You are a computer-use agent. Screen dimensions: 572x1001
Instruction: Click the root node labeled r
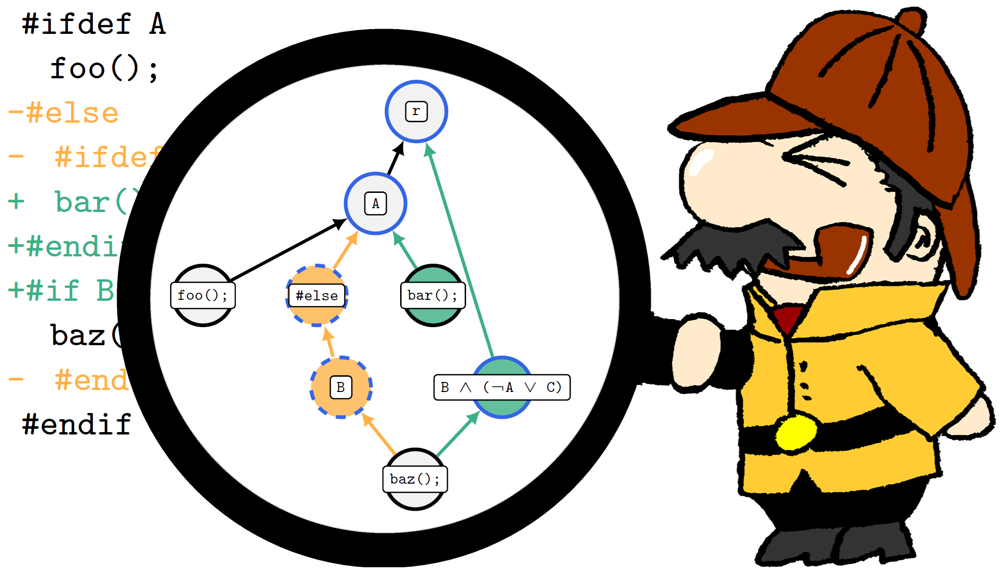pos(416,111)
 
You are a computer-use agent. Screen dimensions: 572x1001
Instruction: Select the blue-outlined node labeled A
pos(375,203)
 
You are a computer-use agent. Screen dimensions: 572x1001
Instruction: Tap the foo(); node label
pos(203,296)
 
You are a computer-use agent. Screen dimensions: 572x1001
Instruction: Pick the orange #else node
pos(316,296)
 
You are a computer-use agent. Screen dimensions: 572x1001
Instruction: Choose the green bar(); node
pos(433,296)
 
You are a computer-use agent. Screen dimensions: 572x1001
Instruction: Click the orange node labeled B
pos(341,387)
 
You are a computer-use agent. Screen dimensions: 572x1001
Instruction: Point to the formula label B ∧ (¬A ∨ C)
pos(501,387)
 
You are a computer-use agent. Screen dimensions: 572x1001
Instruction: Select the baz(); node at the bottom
pos(415,479)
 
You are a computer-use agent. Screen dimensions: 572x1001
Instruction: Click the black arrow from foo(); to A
pos(287,250)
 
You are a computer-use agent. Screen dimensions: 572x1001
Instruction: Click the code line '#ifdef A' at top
pos(94,24)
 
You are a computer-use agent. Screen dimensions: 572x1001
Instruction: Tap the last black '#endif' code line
pos(76,424)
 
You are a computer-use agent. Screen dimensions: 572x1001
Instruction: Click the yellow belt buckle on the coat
pos(795,432)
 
